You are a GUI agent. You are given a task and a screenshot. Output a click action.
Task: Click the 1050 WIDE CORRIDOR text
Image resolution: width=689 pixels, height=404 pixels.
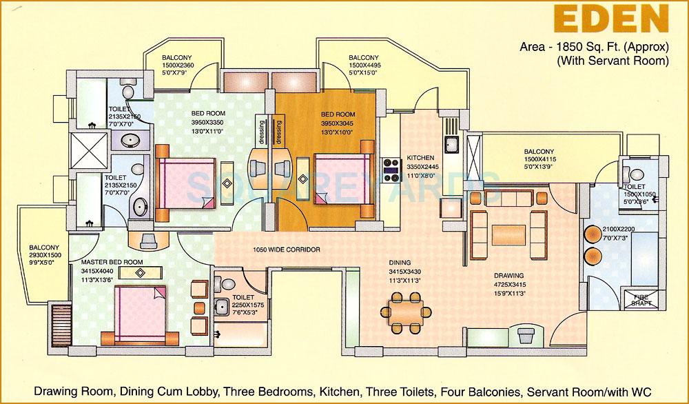click(287, 250)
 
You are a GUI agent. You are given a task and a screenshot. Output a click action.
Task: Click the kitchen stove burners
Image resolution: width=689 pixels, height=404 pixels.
click(393, 168)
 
